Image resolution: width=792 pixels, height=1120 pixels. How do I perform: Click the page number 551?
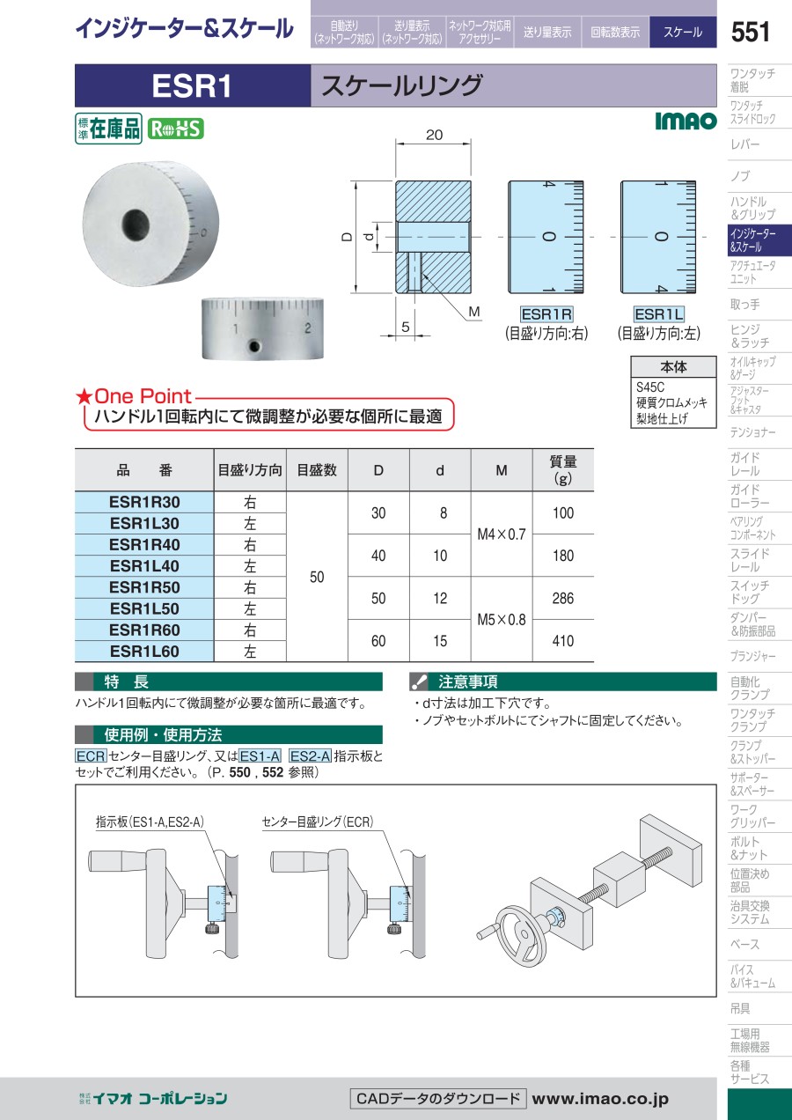(x=750, y=32)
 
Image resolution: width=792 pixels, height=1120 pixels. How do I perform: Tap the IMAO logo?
(x=686, y=121)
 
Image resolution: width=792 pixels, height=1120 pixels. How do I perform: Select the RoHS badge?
(x=176, y=129)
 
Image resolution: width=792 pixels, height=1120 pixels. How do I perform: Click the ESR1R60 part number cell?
(x=144, y=630)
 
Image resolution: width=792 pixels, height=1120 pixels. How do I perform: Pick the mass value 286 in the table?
(x=562, y=598)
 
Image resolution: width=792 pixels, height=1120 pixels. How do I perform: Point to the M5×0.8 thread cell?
(x=502, y=620)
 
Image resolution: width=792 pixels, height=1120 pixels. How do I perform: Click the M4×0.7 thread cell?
(x=502, y=534)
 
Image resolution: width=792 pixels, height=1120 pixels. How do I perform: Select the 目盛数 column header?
(x=317, y=470)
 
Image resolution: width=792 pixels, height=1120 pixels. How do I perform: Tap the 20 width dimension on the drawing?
(x=434, y=135)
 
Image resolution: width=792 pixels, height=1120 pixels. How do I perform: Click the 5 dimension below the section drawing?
(x=406, y=327)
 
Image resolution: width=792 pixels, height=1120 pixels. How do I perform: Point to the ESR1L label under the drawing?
(x=658, y=314)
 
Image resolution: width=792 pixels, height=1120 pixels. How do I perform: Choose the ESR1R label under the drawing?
(x=546, y=314)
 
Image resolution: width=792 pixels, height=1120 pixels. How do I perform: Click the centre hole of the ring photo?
(x=136, y=225)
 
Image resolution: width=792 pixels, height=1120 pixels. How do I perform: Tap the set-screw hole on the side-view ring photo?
(x=254, y=345)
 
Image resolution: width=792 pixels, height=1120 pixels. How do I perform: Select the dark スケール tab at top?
(x=683, y=32)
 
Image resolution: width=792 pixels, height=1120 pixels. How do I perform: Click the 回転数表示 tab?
(x=615, y=32)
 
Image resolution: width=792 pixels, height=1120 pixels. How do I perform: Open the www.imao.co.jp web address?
(x=600, y=1098)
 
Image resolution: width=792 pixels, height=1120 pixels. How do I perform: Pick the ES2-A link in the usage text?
(x=310, y=755)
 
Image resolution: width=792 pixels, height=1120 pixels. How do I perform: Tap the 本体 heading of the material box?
(x=673, y=366)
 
